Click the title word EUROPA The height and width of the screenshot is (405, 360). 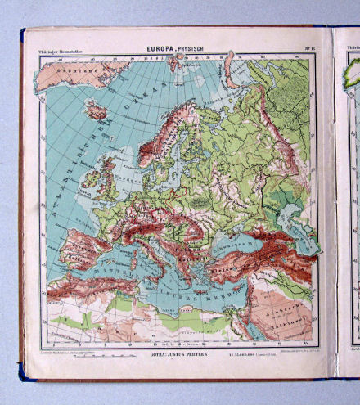[x=160, y=49]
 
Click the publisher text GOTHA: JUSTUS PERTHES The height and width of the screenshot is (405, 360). [x=171, y=354]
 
